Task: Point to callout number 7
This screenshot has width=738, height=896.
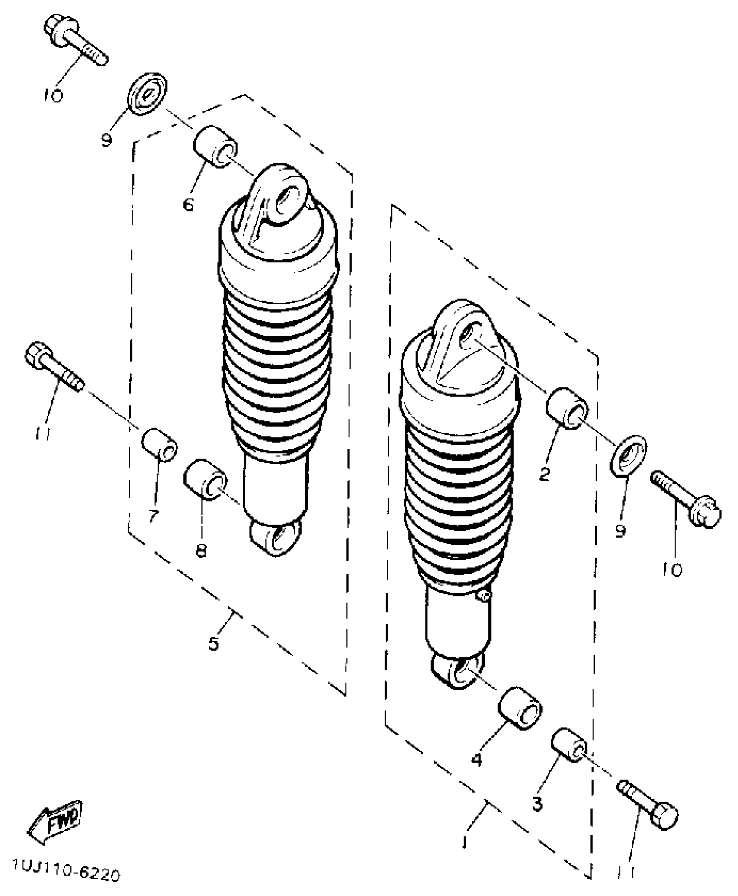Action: coord(153,516)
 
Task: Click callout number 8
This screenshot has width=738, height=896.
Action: coord(201,551)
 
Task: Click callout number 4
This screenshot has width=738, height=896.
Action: coord(477,759)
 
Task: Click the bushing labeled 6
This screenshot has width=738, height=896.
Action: coord(215,146)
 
